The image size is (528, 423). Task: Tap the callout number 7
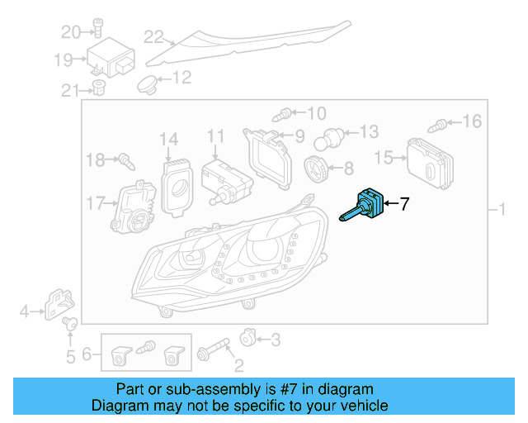404,204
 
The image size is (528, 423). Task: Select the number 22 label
154,36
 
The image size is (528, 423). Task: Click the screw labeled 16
440,125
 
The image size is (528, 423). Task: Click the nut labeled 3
246,338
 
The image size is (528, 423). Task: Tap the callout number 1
502,212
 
